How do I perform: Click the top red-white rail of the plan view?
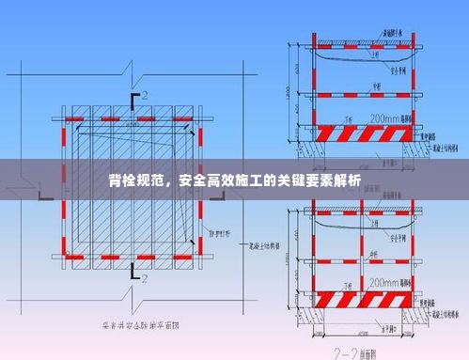coord(132,119)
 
